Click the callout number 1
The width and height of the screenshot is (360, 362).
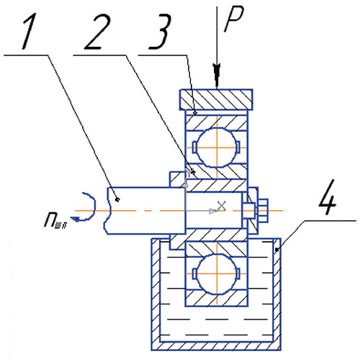point(30,31)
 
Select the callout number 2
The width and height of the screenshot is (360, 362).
point(97,31)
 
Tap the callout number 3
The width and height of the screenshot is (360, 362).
point(160,31)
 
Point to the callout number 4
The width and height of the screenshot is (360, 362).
point(328,196)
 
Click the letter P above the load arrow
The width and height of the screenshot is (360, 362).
point(234,19)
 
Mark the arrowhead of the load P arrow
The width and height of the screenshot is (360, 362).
point(217,76)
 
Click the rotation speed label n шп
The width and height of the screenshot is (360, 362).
point(55,221)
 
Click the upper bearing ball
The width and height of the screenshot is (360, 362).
point(217,148)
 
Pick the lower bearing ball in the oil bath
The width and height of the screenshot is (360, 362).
point(217,273)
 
